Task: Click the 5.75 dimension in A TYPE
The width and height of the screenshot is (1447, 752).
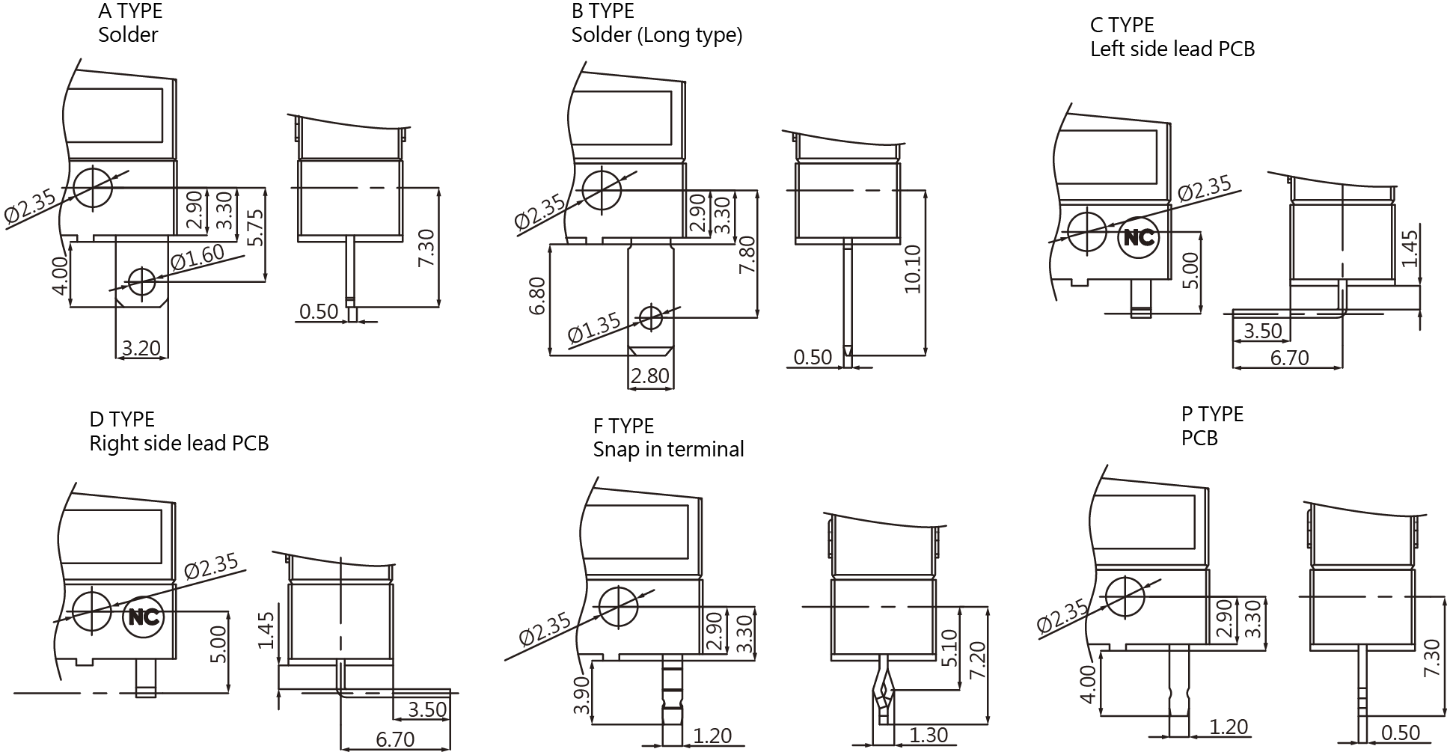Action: click(255, 227)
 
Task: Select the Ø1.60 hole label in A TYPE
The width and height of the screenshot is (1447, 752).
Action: click(198, 257)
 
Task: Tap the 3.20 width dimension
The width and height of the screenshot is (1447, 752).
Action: click(141, 348)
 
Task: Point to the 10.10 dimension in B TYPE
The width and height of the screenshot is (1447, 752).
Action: click(912, 269)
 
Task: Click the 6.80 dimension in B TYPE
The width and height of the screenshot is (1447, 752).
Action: click(537, 296)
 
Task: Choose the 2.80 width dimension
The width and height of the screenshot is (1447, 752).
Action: click(649, 375)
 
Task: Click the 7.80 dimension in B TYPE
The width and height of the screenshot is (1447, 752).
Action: click(746, 254)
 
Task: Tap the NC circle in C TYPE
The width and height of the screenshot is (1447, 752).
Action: click(1139, 237)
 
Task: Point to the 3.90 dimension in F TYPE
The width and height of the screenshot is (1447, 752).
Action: click(581, 696)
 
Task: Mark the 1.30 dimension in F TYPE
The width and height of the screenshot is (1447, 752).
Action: click(929, 736)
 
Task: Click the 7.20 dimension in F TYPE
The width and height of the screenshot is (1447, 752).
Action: click(976, 660)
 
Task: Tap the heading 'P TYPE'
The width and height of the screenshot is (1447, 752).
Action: click(1212, 414)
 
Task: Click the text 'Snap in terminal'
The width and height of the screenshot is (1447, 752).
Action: click(668, 449)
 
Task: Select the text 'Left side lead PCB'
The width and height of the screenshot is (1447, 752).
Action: click(1172, 49)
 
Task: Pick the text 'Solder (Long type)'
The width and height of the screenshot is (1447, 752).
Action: click(657, 35)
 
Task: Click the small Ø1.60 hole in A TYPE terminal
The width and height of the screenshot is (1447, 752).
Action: click(141, 282)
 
